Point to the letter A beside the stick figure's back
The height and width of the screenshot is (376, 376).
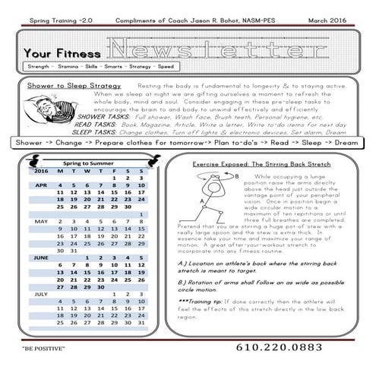[x=199, y=201]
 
